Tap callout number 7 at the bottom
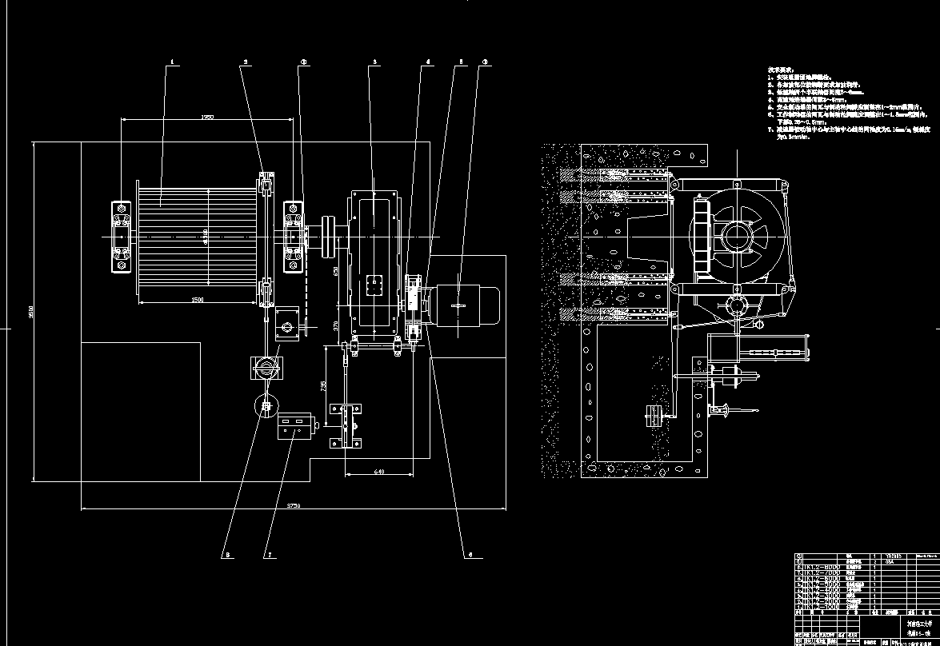[270, 553]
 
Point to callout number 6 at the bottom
[470, 553]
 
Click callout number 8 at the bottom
[226, 553]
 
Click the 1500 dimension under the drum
[198, 299]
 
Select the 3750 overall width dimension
[293, 504]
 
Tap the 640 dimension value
[379, 472]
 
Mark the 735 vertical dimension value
[322, 385]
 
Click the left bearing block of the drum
[121, 237]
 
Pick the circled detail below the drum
[265, 406]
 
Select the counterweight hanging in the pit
[653, 416]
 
